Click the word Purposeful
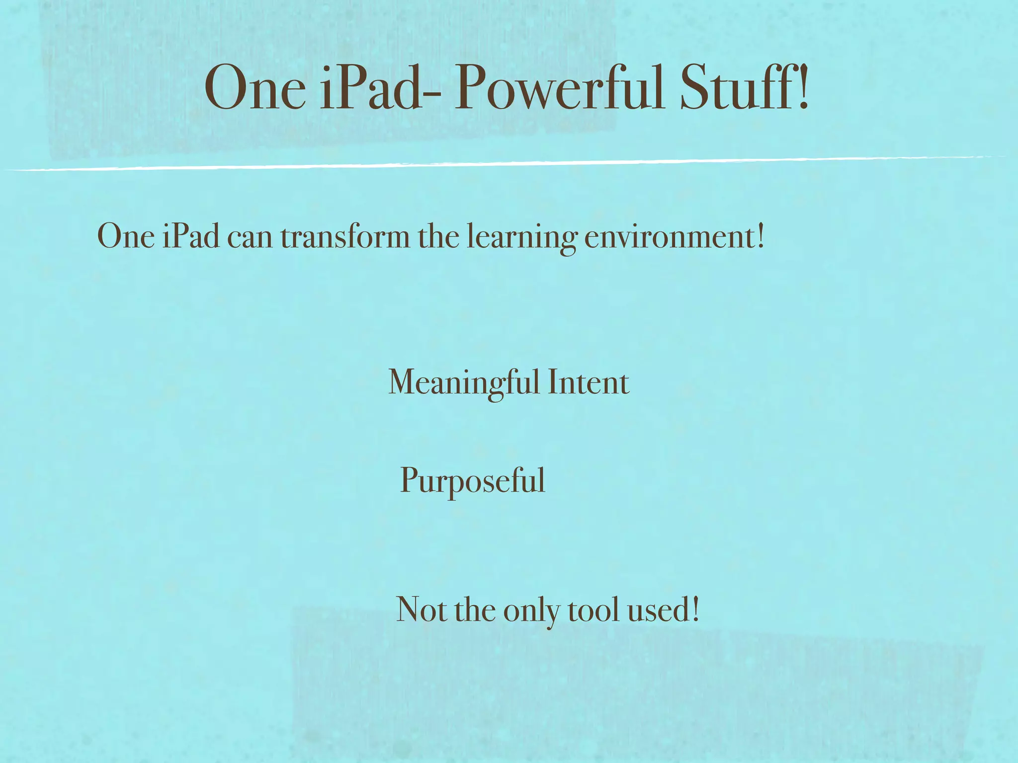(x=472, y=481)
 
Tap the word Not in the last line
(x=421, y=610)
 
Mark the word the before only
(x=475, y=610)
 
